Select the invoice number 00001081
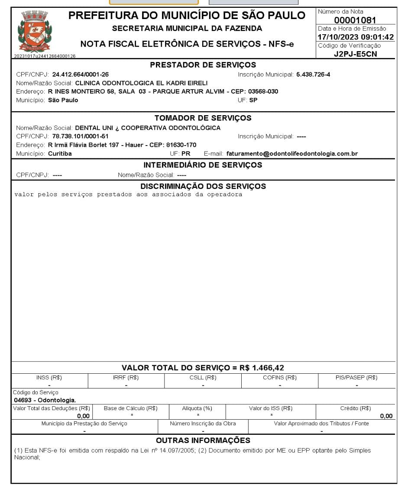tap(355, 20)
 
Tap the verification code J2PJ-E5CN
tap(355, 54)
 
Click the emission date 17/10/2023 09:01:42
tap(356, 37)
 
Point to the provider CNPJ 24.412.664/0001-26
tap(81, 74)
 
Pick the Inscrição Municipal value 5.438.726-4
tap(313, 74)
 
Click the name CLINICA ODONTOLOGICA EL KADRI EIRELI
tap(141, 83)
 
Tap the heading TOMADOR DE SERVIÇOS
tap(203, 118)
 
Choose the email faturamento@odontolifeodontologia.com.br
tap(292, 154)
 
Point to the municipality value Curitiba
tap(60, 154)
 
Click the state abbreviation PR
tap(186, 154)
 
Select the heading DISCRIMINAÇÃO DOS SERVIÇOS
tap(203, 186)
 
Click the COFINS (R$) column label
tap(280, 378)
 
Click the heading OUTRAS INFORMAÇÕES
tap(203, 440)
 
